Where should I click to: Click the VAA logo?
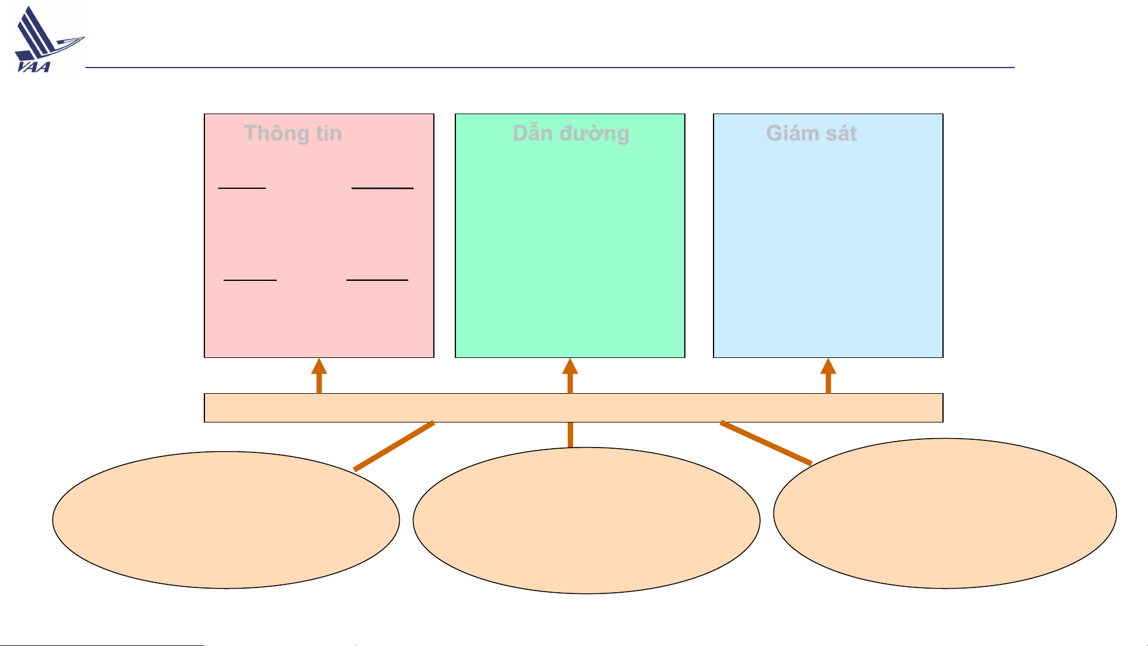pyautogui.click(x=49, y=39)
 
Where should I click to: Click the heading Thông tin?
pyautogui.click(x=293, y=133)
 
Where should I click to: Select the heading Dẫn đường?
pyautogui.click(x=571, y=133)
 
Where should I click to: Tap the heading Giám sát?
pyautogui.click(x=811, y=133)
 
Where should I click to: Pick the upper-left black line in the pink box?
pyautogui.click(x=242, y=188)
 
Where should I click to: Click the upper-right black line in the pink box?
pyautogui.click(x=382, y=188)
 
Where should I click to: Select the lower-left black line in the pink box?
pyautogui.click(x=250, y=280)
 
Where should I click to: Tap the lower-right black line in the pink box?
pyautogui.click(x=377, y=280)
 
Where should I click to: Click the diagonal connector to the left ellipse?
pyautogui.click(x=394, y=446)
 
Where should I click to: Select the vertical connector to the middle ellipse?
pyautogui.click(x=570, y=434)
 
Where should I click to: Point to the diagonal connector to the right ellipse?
pyautogui.click(x=766, y=443)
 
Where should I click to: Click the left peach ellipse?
pyautogui.click(x=226, y=520)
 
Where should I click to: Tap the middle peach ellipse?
pyautogui.click(x=586, y=521)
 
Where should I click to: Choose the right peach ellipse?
pyautogui.click(x=945, y=513)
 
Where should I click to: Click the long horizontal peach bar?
pyautogui.click(x=574, y=408)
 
